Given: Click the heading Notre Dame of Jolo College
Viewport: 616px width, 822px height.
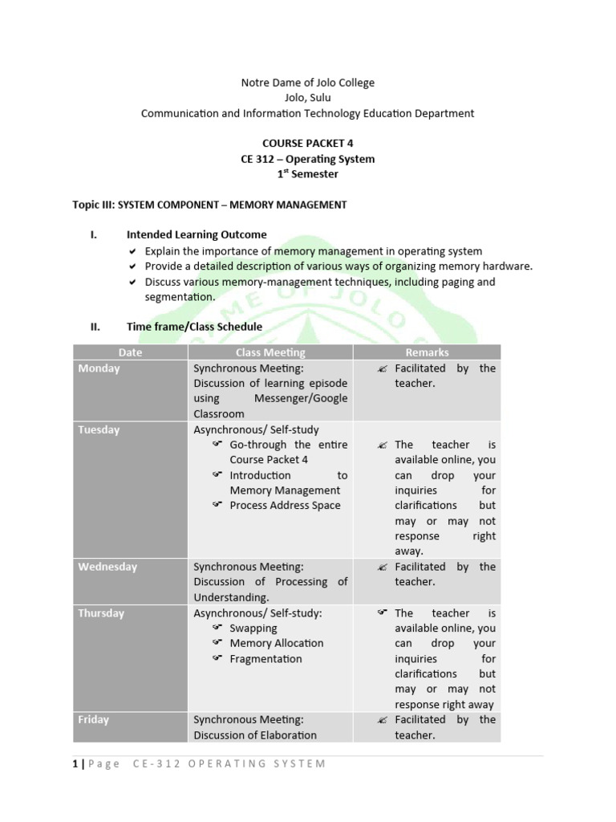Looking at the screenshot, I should pos(308,83).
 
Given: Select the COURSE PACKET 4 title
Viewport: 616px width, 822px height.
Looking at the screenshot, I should pos(308,144).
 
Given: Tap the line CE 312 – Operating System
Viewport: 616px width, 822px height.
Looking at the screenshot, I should pos(308,159).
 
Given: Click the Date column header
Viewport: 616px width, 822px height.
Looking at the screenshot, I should pos(130,352).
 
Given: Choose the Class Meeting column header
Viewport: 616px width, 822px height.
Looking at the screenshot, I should pos(270,352).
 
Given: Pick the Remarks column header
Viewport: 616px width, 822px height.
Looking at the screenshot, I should pos(427,352).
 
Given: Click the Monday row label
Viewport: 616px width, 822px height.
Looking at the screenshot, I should pos(99,368).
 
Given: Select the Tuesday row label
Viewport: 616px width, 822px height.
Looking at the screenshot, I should pos(99,429).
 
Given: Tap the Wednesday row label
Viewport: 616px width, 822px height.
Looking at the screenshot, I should pos(107,567).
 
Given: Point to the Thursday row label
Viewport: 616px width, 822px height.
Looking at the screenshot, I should pos(101,613).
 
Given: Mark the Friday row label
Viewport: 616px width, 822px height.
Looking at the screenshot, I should pos(93,719).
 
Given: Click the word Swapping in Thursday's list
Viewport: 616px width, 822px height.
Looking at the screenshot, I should pos(253,629).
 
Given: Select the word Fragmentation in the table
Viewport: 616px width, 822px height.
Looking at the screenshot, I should pos(265,659).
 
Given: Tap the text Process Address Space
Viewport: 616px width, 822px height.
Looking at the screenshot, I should pos(285,506).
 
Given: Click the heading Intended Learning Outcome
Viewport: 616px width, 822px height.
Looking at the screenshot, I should pos(197,235).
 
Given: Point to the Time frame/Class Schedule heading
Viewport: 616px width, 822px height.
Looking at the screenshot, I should pos(194,327).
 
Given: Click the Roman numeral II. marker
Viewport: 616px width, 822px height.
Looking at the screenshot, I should pos(95,327).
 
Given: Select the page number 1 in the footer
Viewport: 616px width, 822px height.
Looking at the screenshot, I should pos(75,763).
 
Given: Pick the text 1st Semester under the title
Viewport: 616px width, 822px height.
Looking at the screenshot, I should pos(308,174).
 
